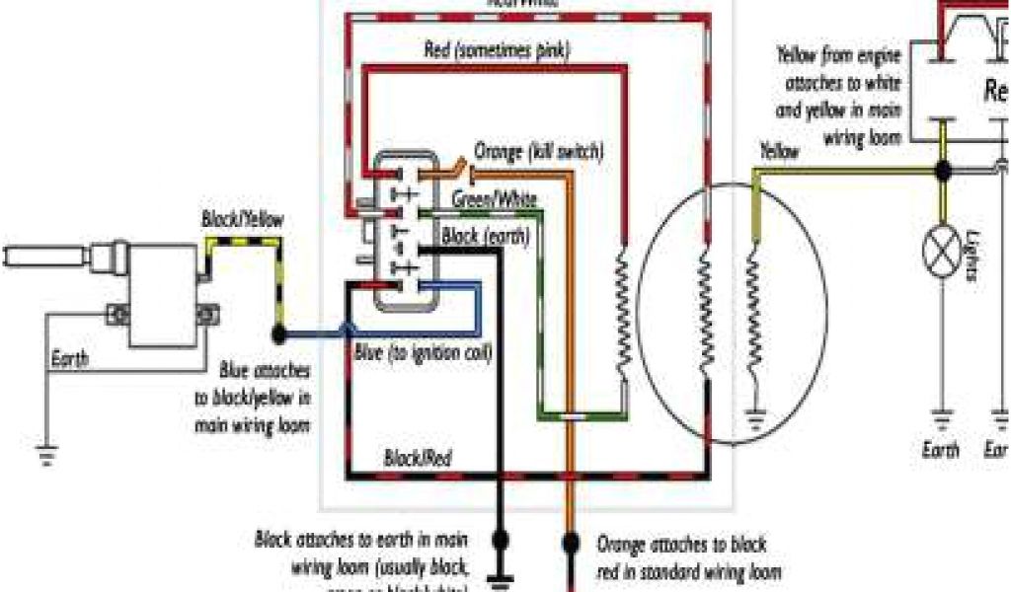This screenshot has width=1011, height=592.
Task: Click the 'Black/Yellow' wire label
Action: pos(241,218)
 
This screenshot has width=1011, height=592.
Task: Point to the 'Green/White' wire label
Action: pos(494,199)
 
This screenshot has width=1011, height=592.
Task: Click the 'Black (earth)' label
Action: pos(485,237)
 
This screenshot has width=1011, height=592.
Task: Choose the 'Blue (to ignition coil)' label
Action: pos(423,352)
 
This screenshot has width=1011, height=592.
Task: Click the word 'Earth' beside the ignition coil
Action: pos(69,359)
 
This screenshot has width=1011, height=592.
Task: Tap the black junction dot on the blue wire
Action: pos(279,334)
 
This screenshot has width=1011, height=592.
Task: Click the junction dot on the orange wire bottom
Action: pos(569,542)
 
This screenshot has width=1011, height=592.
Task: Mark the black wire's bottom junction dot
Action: pos(500,539)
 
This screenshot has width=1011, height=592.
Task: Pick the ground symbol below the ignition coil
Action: pos(45,453)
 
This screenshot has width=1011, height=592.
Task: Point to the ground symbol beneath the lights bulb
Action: pos(942,420)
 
